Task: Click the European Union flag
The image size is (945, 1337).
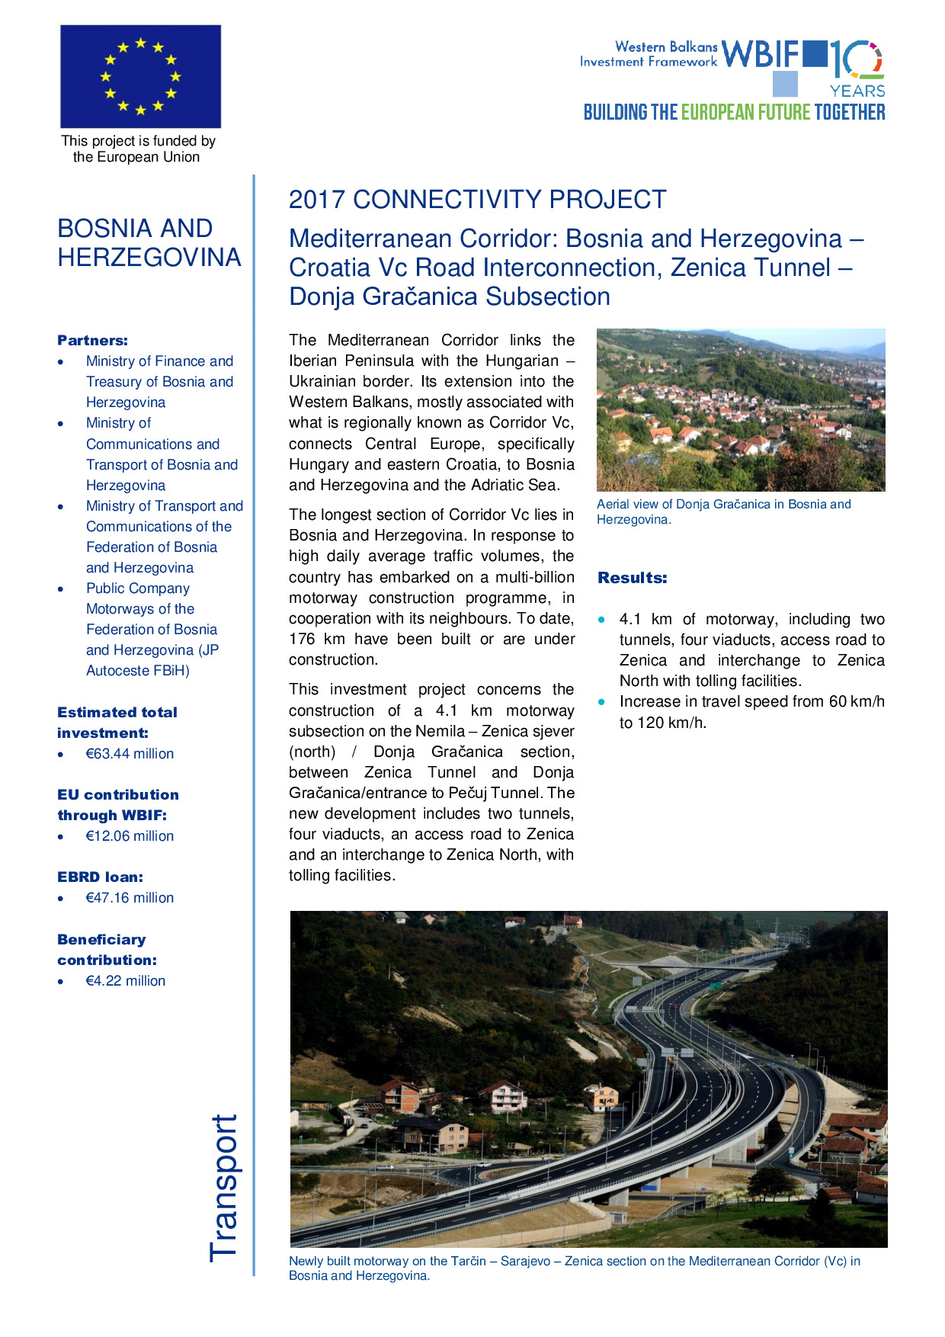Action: (140, 76)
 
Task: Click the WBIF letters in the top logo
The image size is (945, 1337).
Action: (760, 55)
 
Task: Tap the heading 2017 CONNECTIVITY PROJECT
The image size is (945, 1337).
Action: (477, 200)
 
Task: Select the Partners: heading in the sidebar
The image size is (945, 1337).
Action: (92, 341)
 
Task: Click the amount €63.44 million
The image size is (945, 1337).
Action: (130, 754)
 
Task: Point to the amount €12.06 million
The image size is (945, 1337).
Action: (130, 836)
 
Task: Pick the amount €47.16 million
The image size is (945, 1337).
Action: (130, 898)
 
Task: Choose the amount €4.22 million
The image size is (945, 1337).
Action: (126, 981)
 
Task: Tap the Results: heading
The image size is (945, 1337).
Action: (632, 578)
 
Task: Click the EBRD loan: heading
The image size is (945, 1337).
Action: (100, 877)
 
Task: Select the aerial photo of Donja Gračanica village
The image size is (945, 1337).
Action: (740, 409)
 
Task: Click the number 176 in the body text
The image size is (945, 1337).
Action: (302, 640)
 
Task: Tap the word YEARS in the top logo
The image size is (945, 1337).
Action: (857, 91)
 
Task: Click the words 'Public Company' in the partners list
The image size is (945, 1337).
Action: (138, 588)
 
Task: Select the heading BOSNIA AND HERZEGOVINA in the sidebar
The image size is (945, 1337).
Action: (149, 243)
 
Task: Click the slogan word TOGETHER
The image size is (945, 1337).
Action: (849, 113)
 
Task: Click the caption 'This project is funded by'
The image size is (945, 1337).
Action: (138, 141)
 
